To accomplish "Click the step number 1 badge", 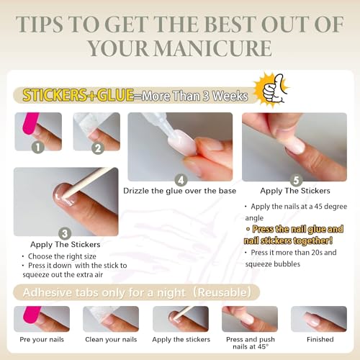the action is point(38,147).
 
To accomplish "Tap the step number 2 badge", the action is point(98,148).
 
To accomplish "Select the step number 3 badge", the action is point(65,233).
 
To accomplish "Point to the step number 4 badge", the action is point(181,180).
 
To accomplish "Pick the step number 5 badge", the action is point(296,180).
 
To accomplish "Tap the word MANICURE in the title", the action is point(212,48).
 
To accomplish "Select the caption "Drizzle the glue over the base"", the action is point(180,191).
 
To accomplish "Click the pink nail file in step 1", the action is point(30,123).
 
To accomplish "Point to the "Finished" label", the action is point(320,339).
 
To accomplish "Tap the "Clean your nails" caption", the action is point(111,339).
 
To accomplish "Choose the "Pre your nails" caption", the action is point(42,340).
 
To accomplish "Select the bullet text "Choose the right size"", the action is point(62,256).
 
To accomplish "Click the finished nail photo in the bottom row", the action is point(319,319).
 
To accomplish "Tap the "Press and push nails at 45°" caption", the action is point(251,343).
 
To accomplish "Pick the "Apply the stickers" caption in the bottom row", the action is point(181,340).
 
